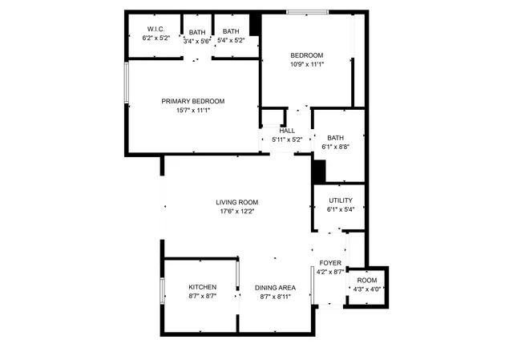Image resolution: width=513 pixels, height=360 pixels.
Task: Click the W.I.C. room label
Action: point(156,30)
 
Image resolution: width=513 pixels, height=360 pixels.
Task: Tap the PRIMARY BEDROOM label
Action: point(192,101)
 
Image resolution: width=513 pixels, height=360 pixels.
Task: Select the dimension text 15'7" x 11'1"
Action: point(192,111)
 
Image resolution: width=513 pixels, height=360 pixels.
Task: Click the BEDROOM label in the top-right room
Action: point(306,55)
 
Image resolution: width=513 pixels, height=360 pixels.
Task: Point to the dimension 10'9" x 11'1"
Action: point(306,64)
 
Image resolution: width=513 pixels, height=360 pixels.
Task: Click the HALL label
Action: point(287,131)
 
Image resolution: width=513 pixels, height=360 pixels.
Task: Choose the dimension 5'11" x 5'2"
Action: point(287,140)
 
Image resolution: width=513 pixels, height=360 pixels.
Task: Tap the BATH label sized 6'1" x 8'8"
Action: point(335,138)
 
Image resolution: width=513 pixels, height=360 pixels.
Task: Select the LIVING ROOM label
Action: point(236,202)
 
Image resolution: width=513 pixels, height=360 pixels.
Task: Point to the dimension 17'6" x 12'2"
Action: point(236,212)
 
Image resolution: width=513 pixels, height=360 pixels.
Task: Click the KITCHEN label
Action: point(202,287)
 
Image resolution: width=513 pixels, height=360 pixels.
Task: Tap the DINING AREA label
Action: point(275,287)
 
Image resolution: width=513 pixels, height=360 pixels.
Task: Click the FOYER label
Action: point(330,263)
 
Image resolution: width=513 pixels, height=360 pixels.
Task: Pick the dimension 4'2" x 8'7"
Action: point(330,272)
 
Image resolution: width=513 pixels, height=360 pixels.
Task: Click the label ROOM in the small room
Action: point(366,280)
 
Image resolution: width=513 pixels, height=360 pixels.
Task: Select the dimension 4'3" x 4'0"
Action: point(366,289)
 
